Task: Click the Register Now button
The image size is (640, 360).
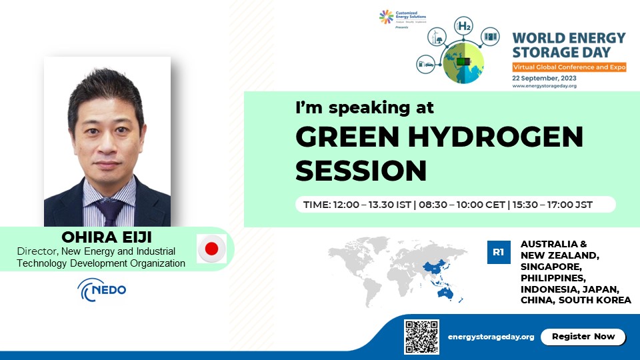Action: [x=583, y=337]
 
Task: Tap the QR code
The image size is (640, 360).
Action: [x=421, y=337]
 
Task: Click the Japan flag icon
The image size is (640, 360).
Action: [x=211, y=249]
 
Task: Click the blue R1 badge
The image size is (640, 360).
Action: [x=498, y=252]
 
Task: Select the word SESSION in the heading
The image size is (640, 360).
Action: [x=361, y=171]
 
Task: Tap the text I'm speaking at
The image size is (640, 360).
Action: [x=365, y=107]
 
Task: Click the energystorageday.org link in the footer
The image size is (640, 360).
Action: [x=491, y=337]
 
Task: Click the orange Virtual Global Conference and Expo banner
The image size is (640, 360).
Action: [x=569, y=67]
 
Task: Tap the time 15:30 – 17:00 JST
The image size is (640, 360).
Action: [x=553, y=205]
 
